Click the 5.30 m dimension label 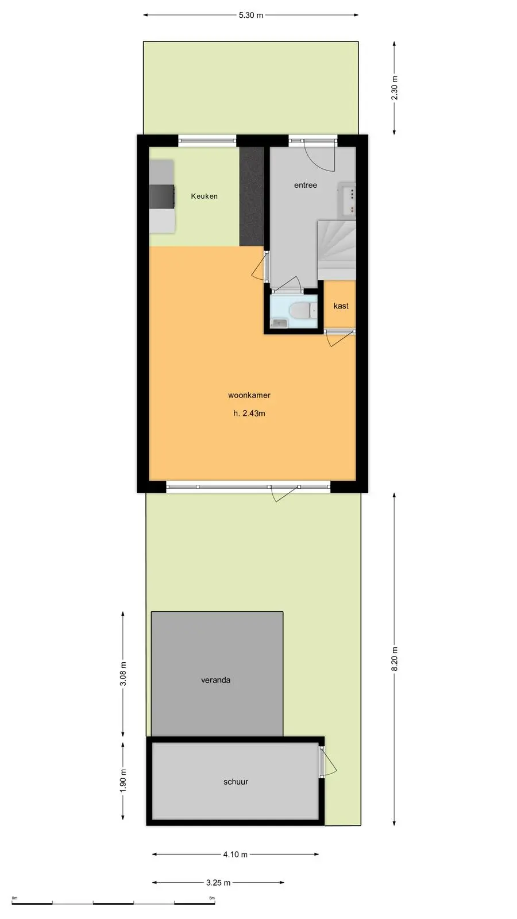point(250,15)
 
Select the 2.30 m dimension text point(394,88)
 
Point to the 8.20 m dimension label point(394,659)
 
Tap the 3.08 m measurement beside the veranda point(123,674)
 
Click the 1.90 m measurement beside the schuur point(123,781)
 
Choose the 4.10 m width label point(235,854)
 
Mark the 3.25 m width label point(218,882)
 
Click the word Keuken point(205,196)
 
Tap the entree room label point(306,185)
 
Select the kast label point(341,306)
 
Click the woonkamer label point(249,395)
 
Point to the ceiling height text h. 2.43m point(249,413)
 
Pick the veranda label point(215,680)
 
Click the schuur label point(236,782)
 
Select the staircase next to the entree point(337,250)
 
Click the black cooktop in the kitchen point(161,196)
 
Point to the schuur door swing point(328,762)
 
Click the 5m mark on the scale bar point(212,898)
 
